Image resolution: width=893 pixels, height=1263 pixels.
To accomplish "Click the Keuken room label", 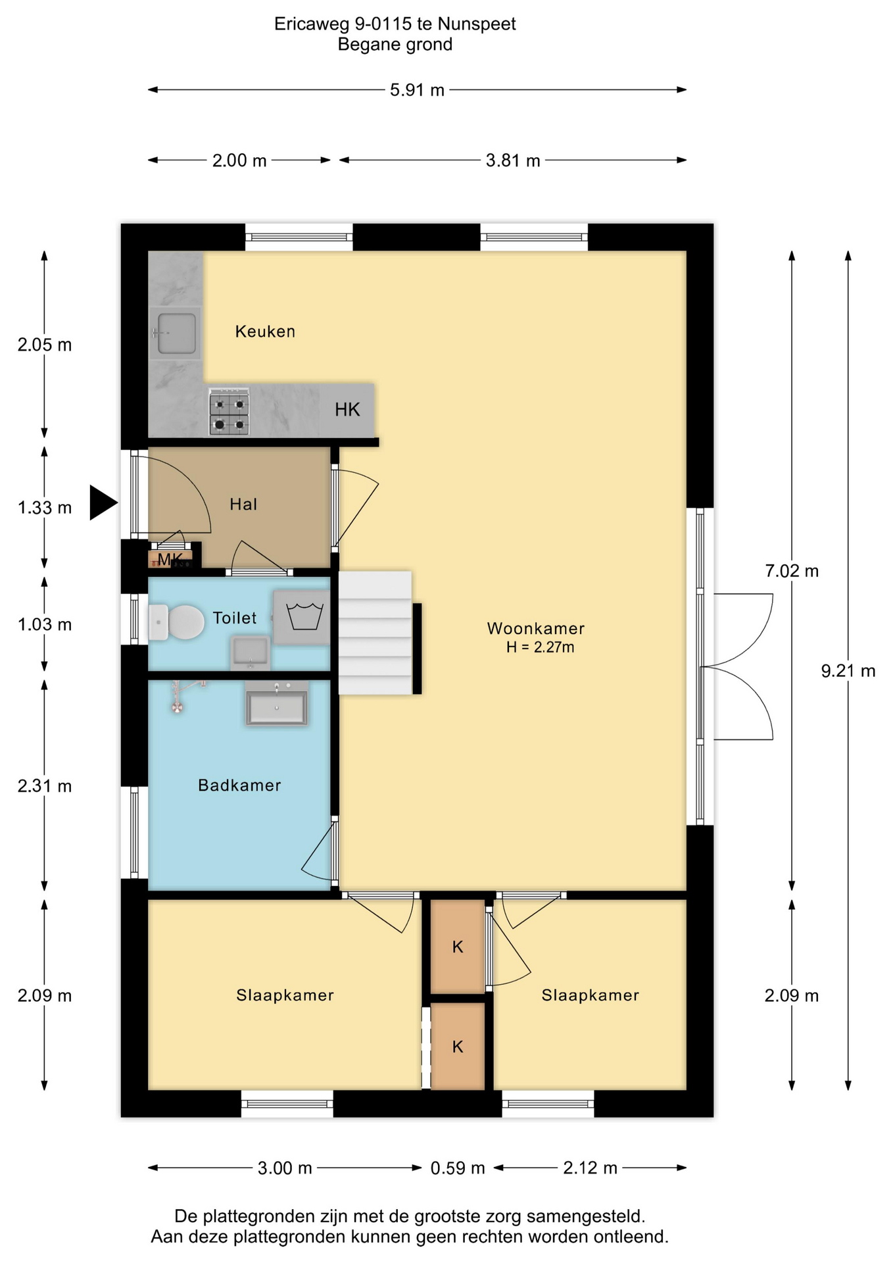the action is pos(265,332).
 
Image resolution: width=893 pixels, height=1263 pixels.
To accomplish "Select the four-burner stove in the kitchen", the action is pos(229,412).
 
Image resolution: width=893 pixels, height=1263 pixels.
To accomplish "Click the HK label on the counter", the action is pos(347,410).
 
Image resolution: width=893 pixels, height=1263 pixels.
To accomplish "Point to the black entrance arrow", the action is pos(103,503).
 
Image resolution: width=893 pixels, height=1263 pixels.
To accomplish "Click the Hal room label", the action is pos(243,505).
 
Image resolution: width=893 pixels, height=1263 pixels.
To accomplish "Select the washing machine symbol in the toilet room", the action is pos(302,617).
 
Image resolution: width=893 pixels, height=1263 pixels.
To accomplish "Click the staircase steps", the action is pos(375,633).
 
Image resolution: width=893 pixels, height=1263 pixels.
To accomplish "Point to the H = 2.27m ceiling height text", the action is pos(540,647).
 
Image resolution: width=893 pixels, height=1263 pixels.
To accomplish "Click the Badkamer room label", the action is pos(239,785).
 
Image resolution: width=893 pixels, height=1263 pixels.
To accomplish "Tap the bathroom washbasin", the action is pos(276,705).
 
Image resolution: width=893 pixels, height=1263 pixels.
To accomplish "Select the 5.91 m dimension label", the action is pos(417,90).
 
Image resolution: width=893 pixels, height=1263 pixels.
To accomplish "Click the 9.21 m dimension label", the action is pos(848,671).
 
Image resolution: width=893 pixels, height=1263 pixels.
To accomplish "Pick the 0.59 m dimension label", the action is pos(458,1168).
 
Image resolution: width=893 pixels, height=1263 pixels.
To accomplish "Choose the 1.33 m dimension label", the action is pos(45,508).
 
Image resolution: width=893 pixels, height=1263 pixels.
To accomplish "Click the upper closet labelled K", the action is pos(458,947).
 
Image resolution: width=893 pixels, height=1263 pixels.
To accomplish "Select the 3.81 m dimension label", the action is pos(513,161).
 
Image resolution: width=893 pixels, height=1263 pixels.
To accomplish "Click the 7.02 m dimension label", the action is pos(792,571).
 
